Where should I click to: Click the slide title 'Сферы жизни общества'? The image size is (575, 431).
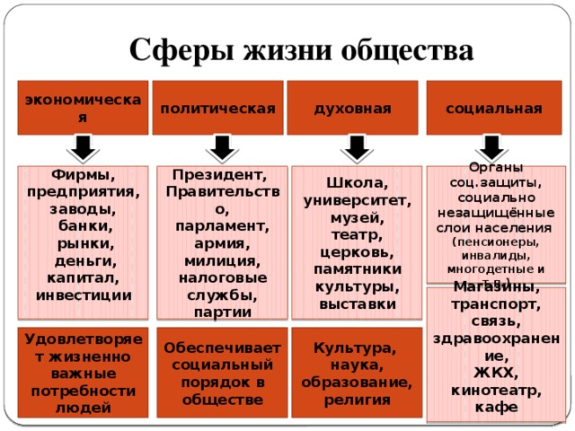[300, 50]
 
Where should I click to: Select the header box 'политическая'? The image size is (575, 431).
[217, 108]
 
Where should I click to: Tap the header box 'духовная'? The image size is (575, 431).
[352, 108]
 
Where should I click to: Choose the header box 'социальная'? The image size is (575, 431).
[494, 108]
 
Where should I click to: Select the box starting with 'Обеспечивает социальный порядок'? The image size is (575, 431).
[220, 373]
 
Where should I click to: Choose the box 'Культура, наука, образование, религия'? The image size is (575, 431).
[356, 373]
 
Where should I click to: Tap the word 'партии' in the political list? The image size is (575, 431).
[221, 312]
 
